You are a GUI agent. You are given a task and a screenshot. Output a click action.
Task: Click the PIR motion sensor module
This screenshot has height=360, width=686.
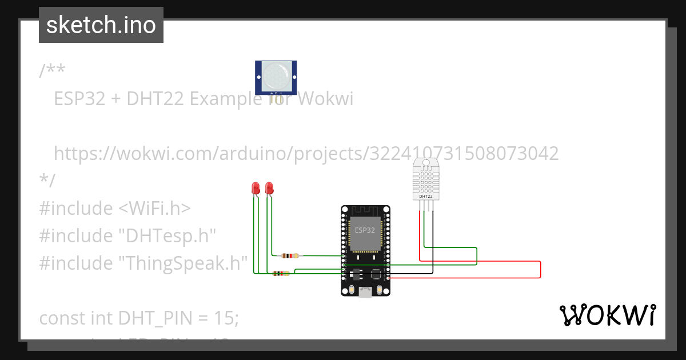[x=276, y=76]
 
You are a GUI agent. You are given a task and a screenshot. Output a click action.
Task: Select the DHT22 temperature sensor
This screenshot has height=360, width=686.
[x=426, y=180]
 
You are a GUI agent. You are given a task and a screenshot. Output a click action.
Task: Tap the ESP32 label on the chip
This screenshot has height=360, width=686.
[x=365, y=230]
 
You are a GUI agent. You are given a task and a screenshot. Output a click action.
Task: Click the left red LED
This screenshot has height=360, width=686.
[x=256, y=187]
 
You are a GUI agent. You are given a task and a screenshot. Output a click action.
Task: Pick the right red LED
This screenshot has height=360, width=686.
[x=269, y=187]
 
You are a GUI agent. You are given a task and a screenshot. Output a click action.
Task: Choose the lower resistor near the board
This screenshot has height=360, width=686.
[x=281, y=274]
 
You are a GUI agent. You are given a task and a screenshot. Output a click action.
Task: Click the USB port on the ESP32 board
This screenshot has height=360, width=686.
[x=365, y=292]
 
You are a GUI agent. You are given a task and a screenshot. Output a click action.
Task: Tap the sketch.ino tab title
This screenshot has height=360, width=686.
[x=101, y=25]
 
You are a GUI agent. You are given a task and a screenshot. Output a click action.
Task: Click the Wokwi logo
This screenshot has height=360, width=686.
[x=608, y=315]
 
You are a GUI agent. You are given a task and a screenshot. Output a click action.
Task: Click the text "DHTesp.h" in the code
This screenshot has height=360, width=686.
[x=167, y=235]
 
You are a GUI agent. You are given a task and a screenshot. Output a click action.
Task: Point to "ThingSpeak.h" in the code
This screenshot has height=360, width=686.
[x=183, y=263]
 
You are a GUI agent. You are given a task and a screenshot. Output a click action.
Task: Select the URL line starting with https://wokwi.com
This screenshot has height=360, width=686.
[x=306, y=153]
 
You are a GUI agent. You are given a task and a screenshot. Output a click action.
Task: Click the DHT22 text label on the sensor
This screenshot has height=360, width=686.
[x=426, y=196]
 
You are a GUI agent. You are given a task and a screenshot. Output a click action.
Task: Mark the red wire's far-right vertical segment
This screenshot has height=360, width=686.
[x=540, y=270]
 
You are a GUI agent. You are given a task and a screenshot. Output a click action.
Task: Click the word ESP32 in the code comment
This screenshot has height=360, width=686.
[x=79, y=99]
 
